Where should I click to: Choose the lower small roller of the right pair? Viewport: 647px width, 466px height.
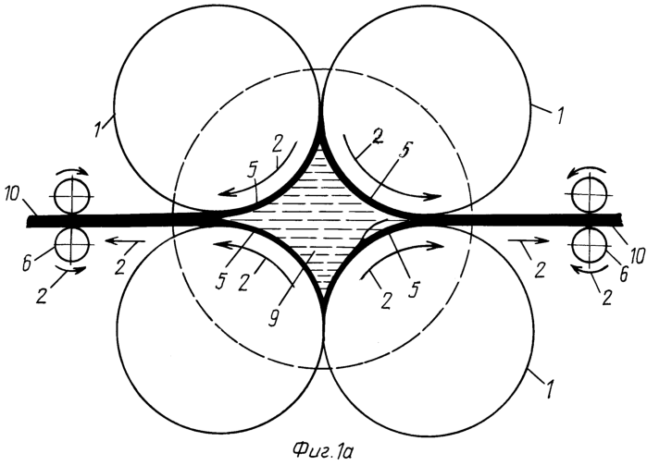tap(587, 242)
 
